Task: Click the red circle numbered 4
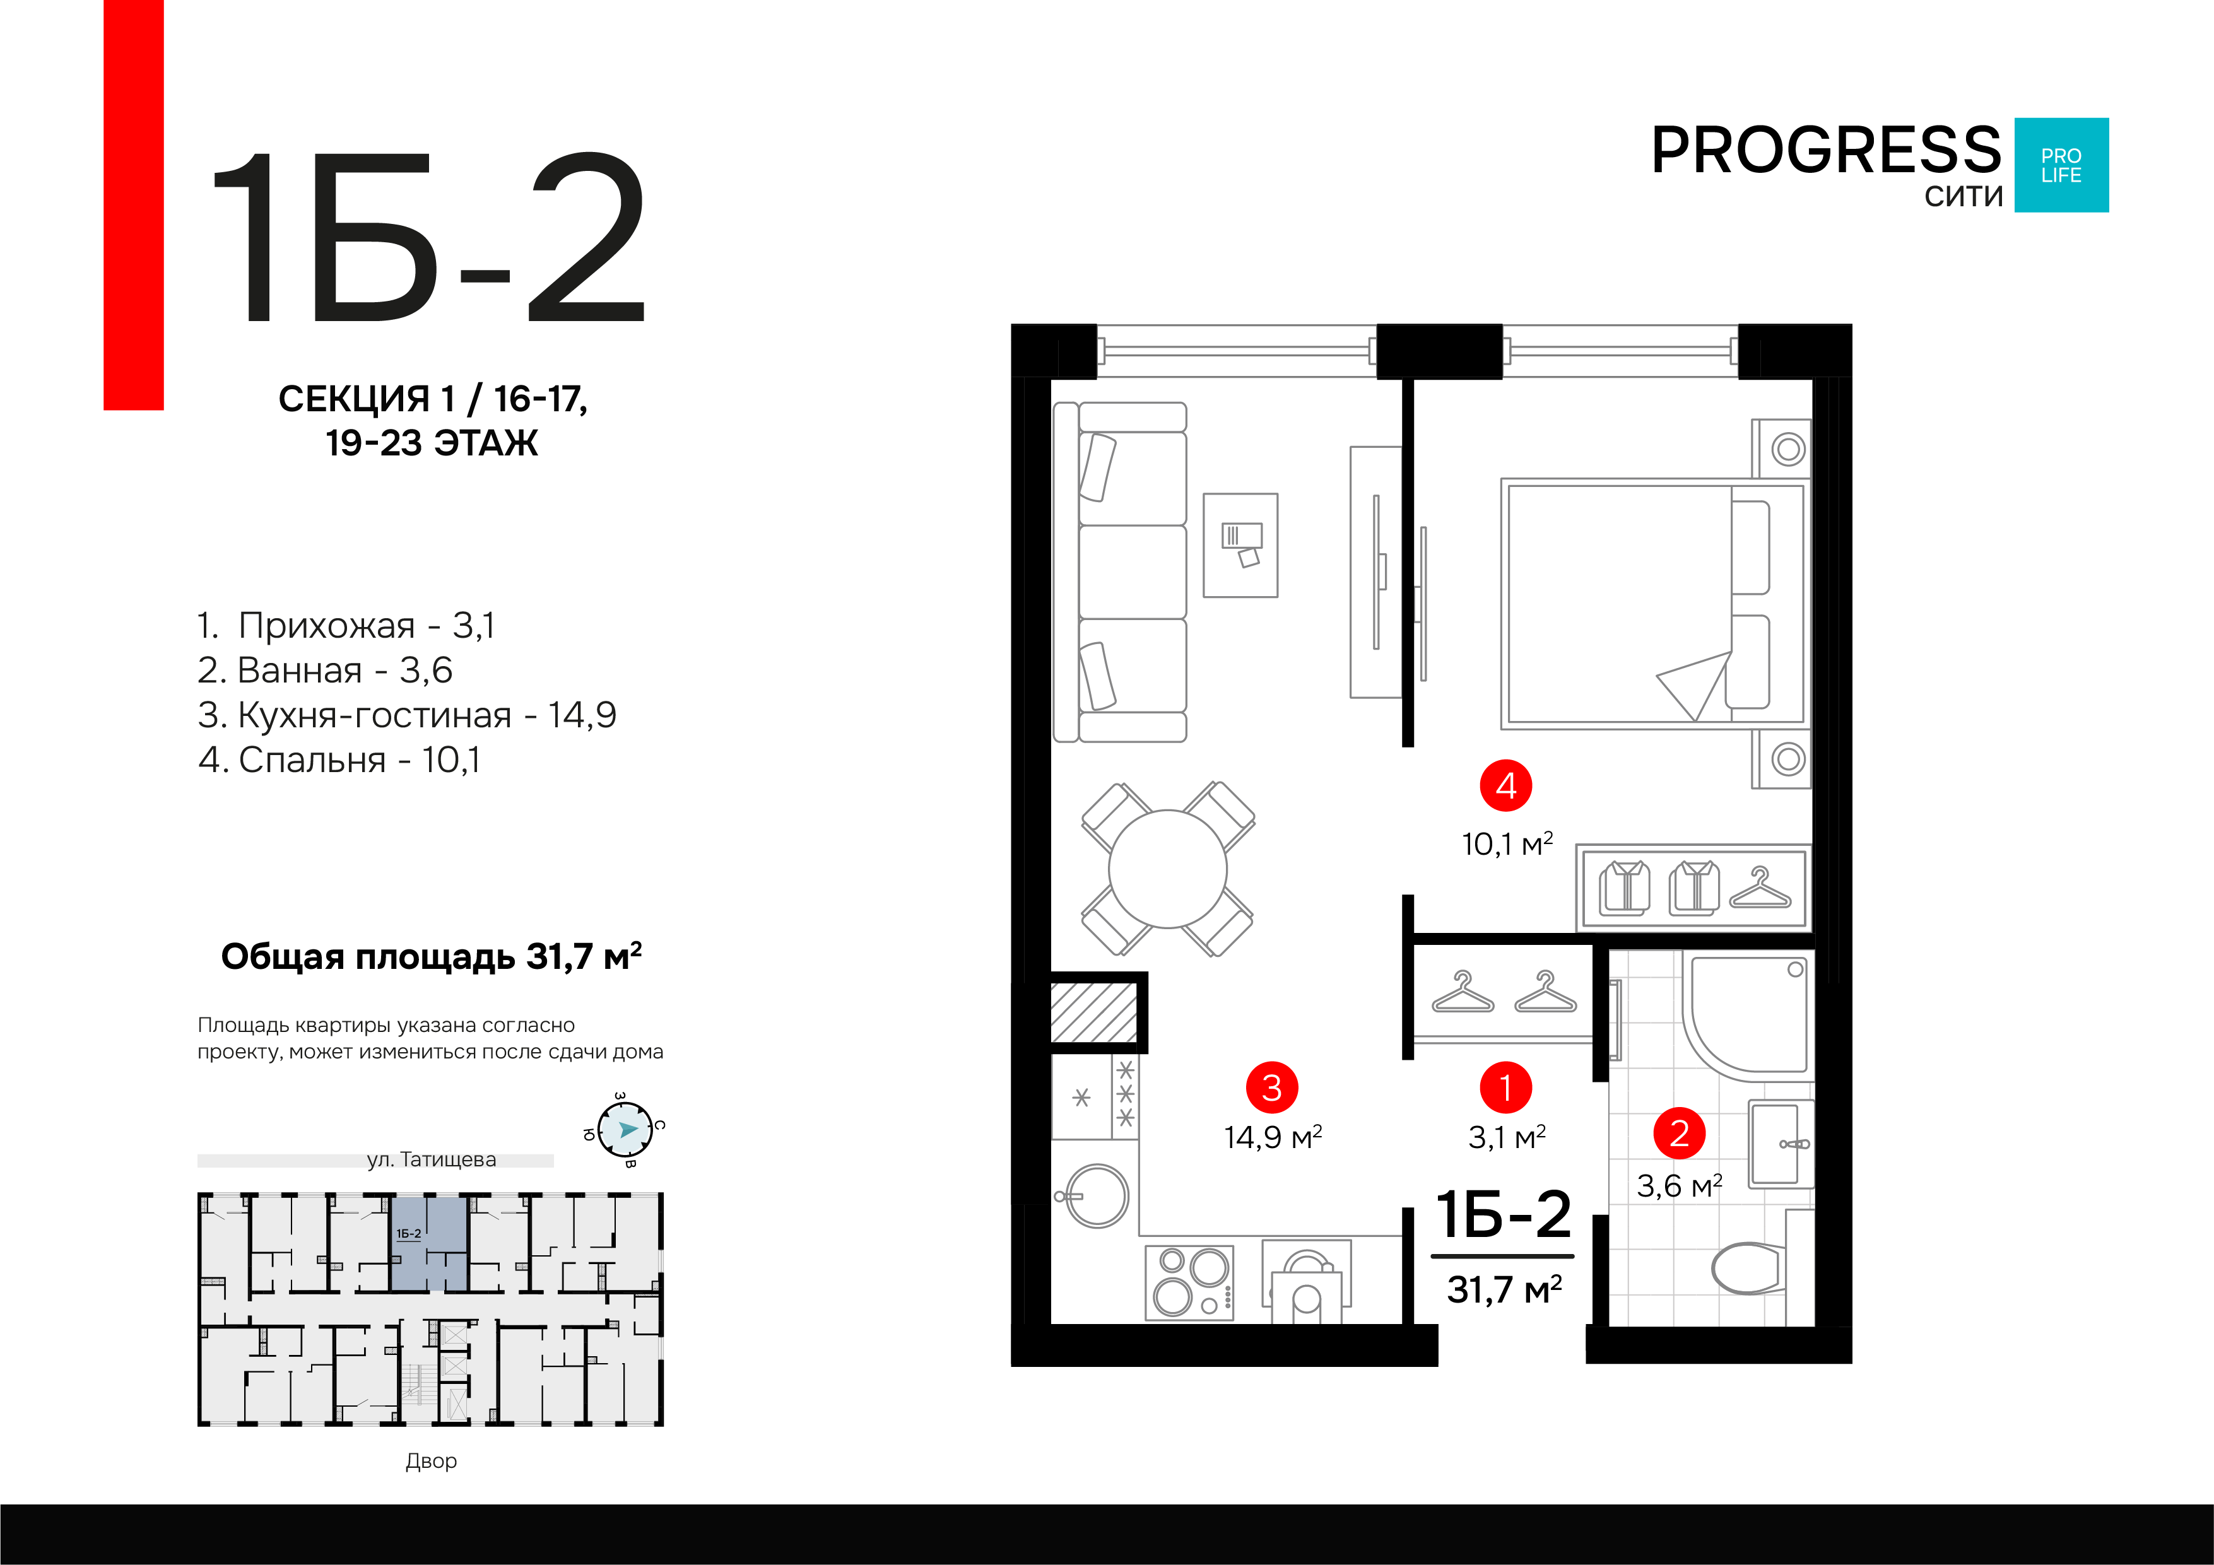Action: (x=1505, y=786)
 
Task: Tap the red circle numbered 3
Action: (x=1272, y=1087)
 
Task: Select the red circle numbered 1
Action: (x=1505, y=1087)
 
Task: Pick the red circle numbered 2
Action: (x=1679, y=1133)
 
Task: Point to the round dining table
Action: (x=1168, y=869)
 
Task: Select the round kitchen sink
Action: (x=1097, y=1196)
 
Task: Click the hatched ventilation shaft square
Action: (x=1093, y=1012)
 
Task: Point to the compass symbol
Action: (x=625, y=1129)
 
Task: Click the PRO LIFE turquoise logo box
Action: (x=2062, y=165)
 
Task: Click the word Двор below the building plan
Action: (x=431, y=1461)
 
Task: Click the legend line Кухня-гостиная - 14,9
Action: (x=407, y=715)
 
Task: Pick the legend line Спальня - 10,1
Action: (x=339, y=760)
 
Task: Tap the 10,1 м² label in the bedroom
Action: (x=1507, y=844)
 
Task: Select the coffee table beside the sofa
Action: (x=1240, y=546)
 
